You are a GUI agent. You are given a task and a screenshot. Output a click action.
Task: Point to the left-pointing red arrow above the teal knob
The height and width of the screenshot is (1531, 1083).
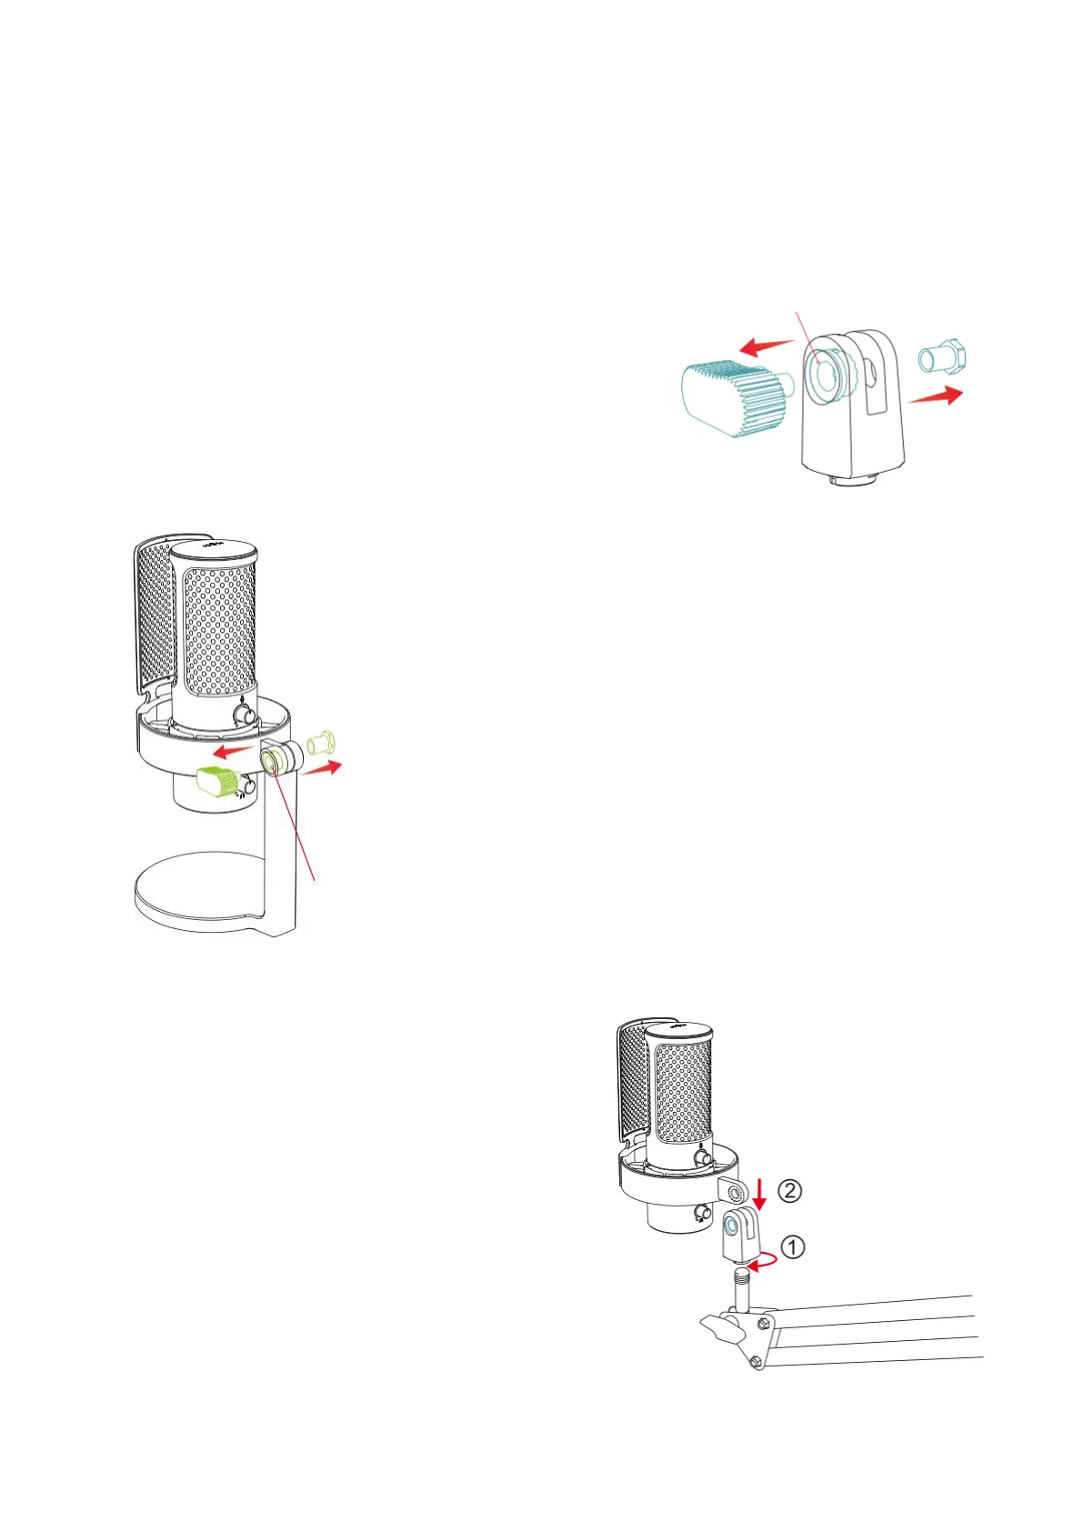[766, 346]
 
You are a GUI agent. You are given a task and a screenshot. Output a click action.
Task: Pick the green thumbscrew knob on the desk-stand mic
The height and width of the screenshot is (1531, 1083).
[217, 781]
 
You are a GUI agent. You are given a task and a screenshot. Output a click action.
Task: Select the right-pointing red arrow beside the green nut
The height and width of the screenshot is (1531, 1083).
[324, 769]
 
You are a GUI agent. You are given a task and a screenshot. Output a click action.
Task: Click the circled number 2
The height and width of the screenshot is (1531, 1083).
[790, 1190]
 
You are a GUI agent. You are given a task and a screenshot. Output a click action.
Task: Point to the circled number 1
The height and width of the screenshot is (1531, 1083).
[793, 1247]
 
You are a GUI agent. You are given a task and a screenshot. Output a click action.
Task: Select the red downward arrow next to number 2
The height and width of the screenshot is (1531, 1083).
[760, 1193]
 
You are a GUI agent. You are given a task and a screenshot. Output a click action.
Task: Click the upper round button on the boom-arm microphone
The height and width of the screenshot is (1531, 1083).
[703, 1158]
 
